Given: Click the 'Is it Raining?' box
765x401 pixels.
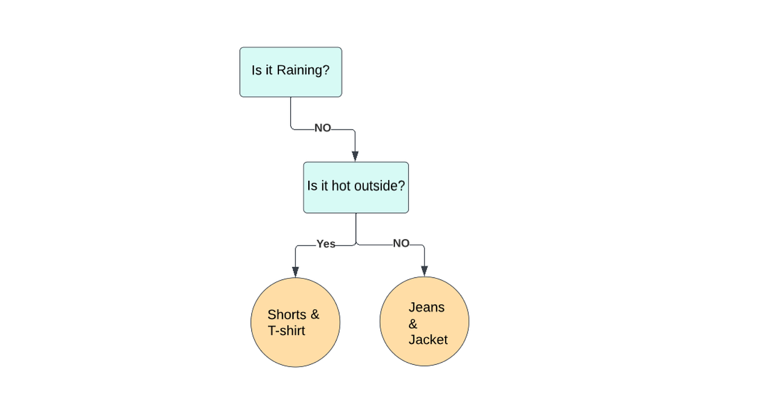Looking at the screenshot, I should coord(291,72).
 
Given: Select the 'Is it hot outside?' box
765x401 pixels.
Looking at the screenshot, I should coord(355,187).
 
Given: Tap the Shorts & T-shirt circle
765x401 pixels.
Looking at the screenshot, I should coord(295,322).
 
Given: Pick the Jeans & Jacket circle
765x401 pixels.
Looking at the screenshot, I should coord(424,321).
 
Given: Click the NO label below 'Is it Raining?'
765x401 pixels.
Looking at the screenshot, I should coord(323,129).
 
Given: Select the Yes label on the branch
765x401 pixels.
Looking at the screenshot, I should coord(326,244).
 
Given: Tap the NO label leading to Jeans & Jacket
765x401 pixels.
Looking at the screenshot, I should coord(401,244).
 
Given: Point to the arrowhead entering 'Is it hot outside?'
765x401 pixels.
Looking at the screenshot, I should coord(355,156).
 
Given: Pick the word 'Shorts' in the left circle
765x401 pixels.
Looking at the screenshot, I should coord(287,315).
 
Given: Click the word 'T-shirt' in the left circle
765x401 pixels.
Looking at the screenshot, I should coord(286,331).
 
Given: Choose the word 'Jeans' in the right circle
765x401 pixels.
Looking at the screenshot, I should coord(426,307).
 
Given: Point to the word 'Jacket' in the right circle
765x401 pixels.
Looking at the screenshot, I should coord(428,340).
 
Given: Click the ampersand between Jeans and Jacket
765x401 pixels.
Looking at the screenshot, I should coord(413,324).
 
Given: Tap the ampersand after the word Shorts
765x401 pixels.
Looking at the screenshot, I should coord(314,315).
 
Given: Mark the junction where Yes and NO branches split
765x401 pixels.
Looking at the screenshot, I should coord(356,245).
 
